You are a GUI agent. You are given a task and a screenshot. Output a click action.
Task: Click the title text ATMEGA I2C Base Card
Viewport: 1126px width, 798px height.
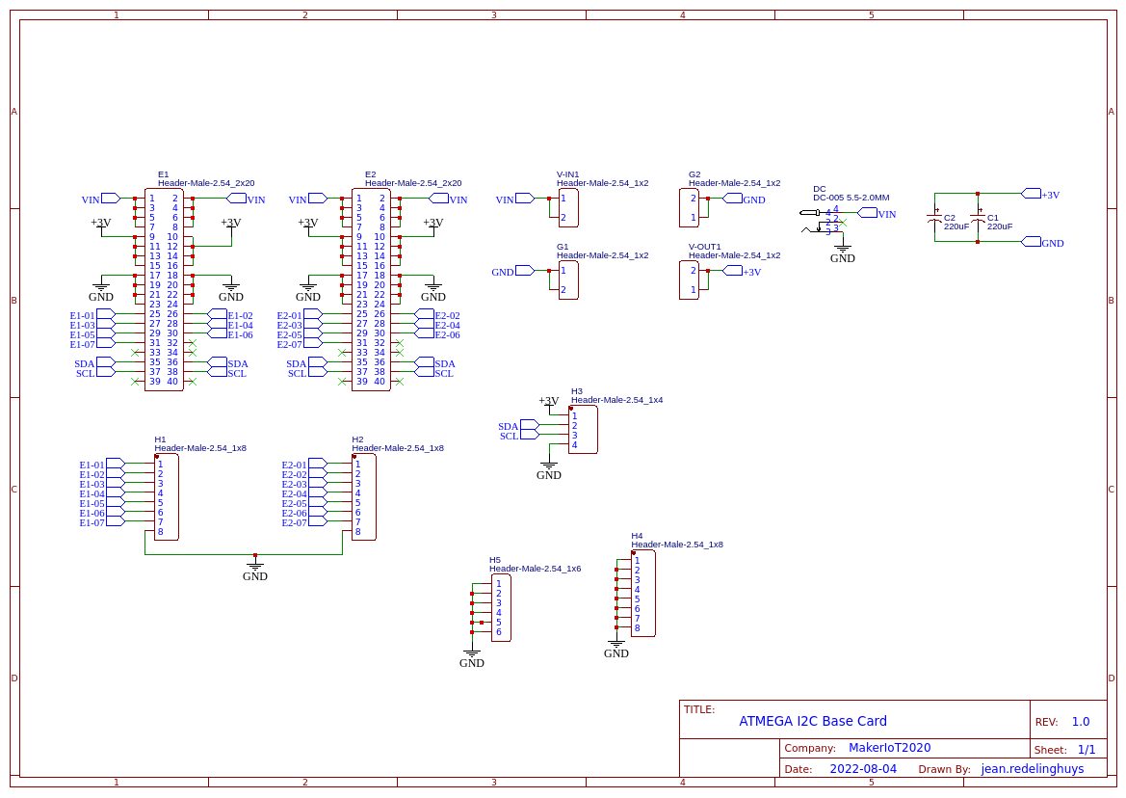point(812,721)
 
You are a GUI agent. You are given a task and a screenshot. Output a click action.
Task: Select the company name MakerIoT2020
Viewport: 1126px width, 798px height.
point(889,748)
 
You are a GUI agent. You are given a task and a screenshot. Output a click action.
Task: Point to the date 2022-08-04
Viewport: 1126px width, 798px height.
point(863,769)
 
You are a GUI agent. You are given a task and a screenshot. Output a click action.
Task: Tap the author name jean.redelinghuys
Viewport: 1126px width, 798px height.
point(1032,769)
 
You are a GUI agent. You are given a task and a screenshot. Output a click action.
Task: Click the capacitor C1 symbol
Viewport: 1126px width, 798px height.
point(978,222)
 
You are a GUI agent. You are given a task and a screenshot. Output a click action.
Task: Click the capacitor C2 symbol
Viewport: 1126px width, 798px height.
point(934,222)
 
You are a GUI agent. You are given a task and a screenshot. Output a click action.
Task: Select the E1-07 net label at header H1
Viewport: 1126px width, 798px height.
point(92,522)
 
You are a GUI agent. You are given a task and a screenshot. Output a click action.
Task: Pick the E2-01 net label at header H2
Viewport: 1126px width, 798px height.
point(294,465)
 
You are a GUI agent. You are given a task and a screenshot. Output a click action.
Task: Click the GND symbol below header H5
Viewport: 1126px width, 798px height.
point(472,657)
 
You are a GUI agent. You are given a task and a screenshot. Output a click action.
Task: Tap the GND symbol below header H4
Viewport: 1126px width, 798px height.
point(616,648)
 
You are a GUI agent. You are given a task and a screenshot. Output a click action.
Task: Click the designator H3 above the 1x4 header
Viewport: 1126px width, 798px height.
point(577,391)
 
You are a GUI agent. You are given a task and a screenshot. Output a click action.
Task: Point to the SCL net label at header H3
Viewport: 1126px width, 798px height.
point(509,436)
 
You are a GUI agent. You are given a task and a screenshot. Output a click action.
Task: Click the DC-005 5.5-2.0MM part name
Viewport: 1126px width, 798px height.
point(851,198)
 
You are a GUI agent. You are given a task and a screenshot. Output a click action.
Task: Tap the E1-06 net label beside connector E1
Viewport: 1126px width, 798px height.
point(240,334)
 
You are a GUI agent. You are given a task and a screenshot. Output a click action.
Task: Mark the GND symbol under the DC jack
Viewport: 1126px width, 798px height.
point(843,253)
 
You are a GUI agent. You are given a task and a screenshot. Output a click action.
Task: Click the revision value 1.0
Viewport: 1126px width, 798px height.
point(1081,722)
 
